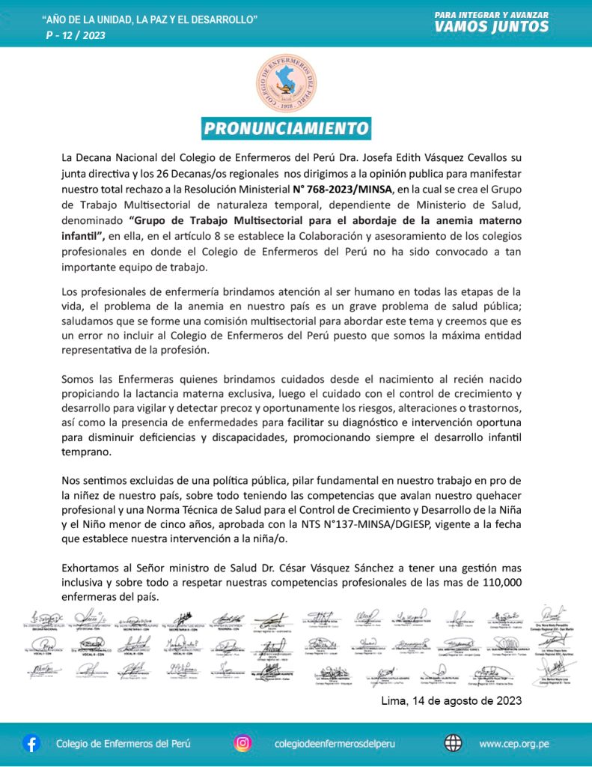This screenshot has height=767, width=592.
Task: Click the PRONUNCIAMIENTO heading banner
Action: pyautogui.click(x=287, y=128)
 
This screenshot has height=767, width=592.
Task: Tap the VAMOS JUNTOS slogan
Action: pyautogui.click(x=492, y=27)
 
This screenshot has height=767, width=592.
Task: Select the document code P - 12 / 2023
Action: pyautogui.click(x=76, y=35)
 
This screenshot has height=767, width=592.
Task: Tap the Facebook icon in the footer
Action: pyautogui.click(x=31, y=743)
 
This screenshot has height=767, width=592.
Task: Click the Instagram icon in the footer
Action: pyautogui.click(x=242, y=743)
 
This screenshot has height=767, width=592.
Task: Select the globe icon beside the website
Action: pyautogui.click(x=453, y=743)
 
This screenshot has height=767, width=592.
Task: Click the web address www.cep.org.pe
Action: pyautogui.click(x=514, y=744)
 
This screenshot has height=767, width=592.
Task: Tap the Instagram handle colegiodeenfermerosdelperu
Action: pyautogui.click(x=335, y=744)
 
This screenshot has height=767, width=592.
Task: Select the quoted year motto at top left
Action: pyautogui.click(x=150, y=18)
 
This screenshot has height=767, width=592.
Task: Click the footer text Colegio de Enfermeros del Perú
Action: pyautogui.click(x=123, y=744)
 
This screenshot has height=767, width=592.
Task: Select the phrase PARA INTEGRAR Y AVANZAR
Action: pyautogui.click(x=492, y=13)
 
